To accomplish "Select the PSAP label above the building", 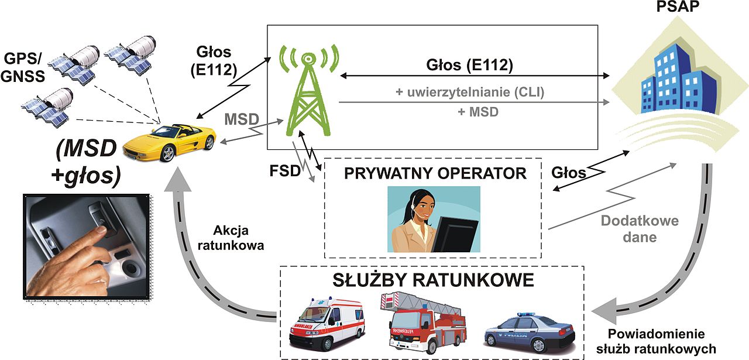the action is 678,6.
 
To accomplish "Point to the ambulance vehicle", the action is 327,323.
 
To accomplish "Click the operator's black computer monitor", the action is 455,234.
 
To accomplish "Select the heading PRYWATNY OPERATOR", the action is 435,173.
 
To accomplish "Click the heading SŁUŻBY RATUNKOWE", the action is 433,280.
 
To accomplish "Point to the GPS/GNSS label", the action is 23,67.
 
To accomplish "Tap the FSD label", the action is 285,171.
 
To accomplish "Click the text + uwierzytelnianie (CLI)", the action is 469,92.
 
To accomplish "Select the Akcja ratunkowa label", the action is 231,238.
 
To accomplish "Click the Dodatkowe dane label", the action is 640,229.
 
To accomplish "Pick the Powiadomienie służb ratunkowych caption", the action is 657,341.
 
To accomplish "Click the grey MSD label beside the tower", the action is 242,119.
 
